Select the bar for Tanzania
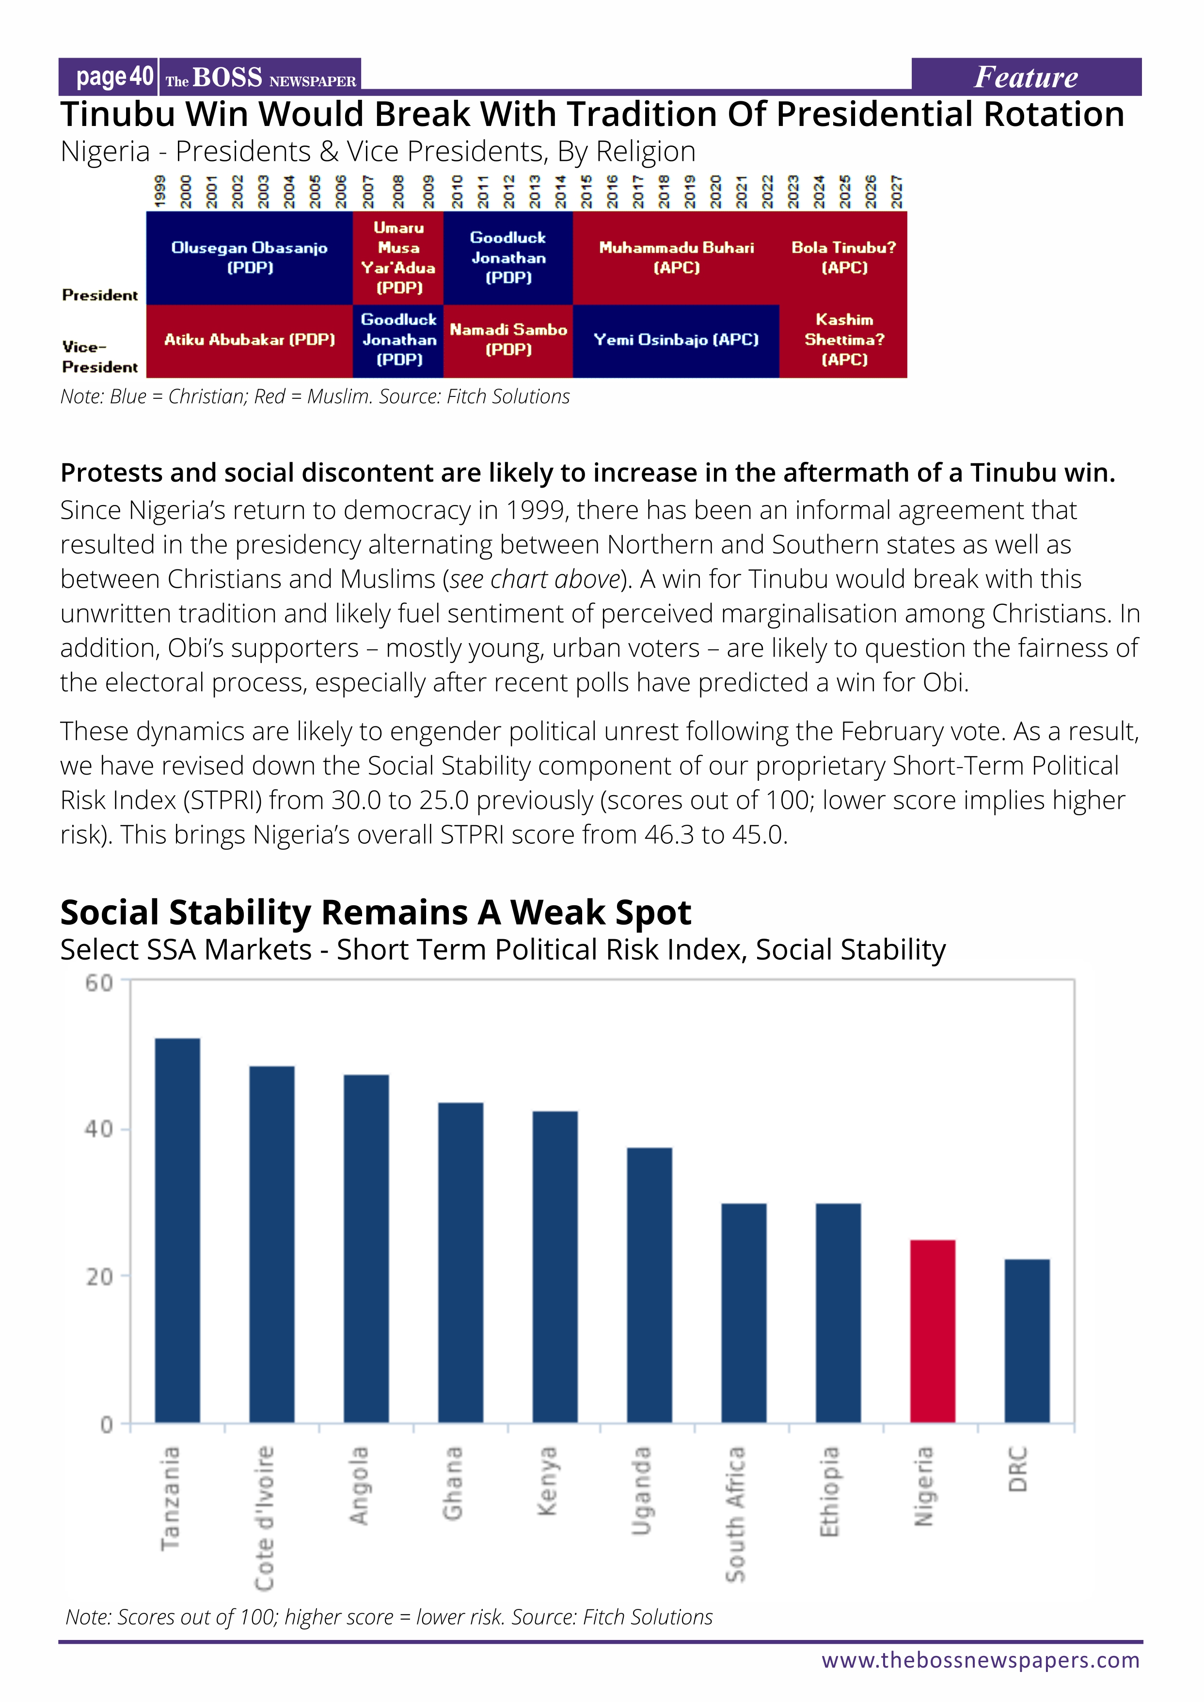[177, 1230]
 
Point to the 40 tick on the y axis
[98, 1130]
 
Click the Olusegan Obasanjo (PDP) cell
[249, 257]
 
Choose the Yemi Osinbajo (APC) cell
[676, 340]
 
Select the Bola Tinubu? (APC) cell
[844, 257]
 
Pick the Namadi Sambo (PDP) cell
[508, 340]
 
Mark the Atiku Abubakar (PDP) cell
[249, 340]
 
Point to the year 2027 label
[896, 191]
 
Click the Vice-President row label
[100, 357]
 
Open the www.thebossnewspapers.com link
[980, 1660]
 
